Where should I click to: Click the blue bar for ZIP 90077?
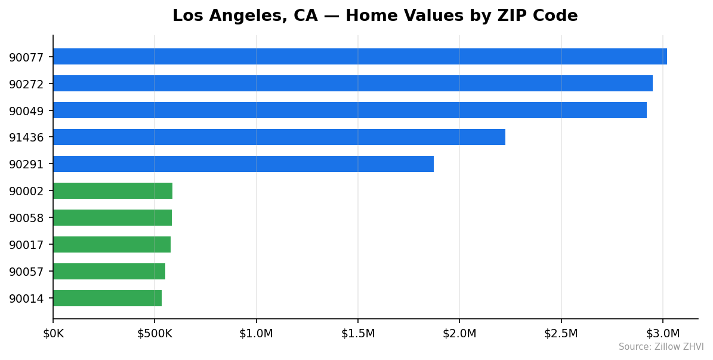pyautogui.click(x=360, y=57)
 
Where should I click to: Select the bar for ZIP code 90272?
pyautogui.click(x=353, y=84)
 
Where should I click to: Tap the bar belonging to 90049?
pyautogui.click(x=350, y=110)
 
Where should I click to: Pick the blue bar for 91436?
pyautogui.click(x=279, y=137)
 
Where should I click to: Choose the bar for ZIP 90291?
pyautogui.click(x=243, y=164)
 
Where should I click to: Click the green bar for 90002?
pyautogui.click(x=113, y=191)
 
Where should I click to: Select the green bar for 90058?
pyautogui.click(x=112, y=218)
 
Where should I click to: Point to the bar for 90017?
pyautogui.click(x=112, y=245)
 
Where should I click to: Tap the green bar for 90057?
pyautogui.click(x=109, y=272)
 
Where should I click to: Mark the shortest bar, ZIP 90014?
pyautogui.click(x=107, y=299)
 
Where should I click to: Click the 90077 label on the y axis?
pyautogui.click(x=26, y=57)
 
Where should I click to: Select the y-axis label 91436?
pyautogui.click(x=26, y=138)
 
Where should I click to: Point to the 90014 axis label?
pyautogui.click(x=26, y=299)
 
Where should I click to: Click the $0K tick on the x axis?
pyautogui.click(x=53, y=334)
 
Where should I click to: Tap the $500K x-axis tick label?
pyautogui.click(x=155, y=334)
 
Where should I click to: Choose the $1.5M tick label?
pyautogui.click(x=358, y=334)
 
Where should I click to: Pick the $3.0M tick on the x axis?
pyautogui.click(x=663, y=334)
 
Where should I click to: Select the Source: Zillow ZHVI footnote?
pyautogui.click(x=660, y=347)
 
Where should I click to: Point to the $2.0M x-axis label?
pyautogui.click(x=459, y=334)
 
